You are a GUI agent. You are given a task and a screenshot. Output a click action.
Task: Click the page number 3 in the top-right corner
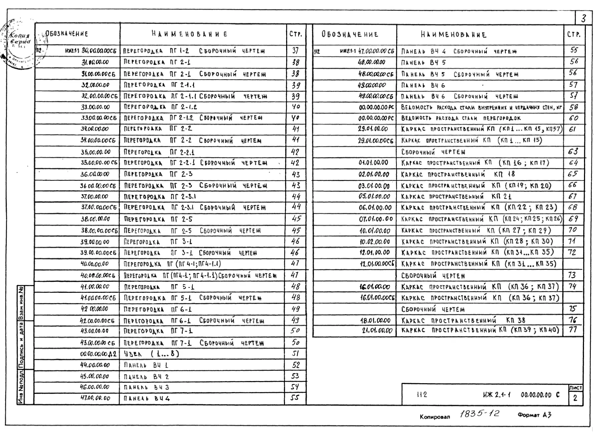pos(583,19)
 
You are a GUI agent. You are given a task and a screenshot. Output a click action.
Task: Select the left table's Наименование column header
pos(189,34)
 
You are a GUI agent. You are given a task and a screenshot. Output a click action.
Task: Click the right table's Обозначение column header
pos(350,35)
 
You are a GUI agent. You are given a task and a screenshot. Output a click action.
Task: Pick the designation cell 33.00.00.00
pos(95,107)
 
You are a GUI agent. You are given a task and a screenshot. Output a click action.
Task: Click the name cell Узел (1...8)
pos(151,354)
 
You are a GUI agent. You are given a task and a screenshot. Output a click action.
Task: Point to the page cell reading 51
pos(295,354)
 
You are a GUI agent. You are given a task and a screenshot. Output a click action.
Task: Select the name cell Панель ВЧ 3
pos(146,387)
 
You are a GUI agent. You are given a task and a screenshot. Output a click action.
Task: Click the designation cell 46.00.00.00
pos(95,387)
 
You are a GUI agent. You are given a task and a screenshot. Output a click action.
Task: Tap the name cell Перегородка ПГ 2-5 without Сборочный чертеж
pos(158,219)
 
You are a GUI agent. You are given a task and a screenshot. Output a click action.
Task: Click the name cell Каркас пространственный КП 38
pos(463,320)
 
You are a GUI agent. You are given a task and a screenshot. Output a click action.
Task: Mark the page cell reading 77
pos(573,330)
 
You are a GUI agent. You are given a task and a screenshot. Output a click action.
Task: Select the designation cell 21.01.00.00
pos(377,330)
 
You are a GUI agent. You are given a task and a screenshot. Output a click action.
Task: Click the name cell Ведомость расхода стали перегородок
pos(461,118)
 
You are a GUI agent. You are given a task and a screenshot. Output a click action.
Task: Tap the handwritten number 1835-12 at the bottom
pos(479,414)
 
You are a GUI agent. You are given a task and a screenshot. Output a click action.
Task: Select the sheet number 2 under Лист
pos(575,398)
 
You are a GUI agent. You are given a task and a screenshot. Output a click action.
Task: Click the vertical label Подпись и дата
pos(21,345)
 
